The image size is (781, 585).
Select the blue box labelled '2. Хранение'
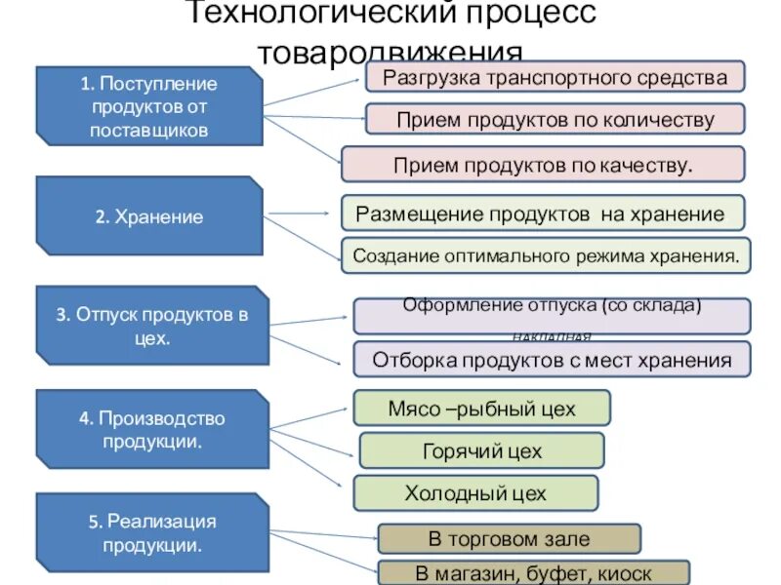(x=149, y=216)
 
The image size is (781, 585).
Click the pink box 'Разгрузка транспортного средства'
(x=555, y=77)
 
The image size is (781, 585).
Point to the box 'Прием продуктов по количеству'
(x=555, y=120)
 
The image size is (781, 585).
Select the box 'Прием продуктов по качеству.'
(x=543, y=164)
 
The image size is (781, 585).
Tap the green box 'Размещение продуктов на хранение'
(x=542, y=213)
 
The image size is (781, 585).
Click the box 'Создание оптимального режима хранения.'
(x=546, y=255)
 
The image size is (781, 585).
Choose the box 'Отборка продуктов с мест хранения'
(x=552, y=360)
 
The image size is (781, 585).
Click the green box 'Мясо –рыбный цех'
(x=481, y=408)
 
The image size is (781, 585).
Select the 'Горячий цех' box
(x=481, y=450)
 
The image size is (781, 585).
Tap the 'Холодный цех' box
(x=474, y=493)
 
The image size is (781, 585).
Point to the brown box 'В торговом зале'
(x=509, y=538)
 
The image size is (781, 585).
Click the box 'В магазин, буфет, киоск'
(x=533, y=573)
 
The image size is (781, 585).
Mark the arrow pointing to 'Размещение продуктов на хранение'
(x=301, y=213)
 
